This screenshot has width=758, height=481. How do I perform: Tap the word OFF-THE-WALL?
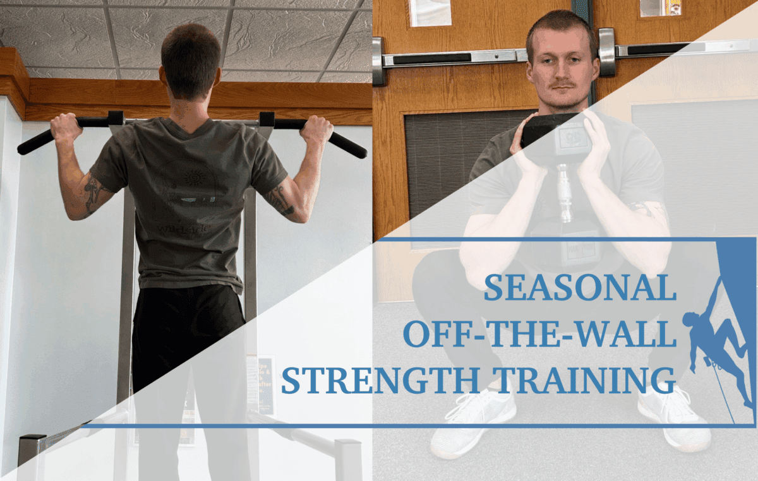539,334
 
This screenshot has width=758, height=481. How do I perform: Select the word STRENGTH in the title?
380,380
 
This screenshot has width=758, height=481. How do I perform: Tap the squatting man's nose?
562,72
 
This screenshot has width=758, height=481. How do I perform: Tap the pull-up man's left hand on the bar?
67,127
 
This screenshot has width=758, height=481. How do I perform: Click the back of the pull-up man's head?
191,59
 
